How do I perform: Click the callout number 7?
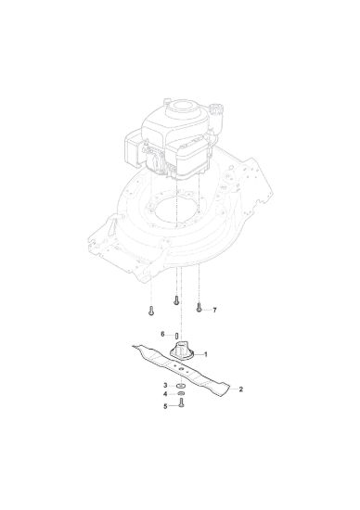(214, 311)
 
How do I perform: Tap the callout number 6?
(163, 335)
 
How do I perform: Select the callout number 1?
(205, 354)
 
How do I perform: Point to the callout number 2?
(240, 389)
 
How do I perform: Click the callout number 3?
(165, 386)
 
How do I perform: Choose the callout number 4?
(165, 394)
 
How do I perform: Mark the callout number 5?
(165, 406)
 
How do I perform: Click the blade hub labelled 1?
(181, 351)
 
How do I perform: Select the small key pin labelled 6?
(176, 336)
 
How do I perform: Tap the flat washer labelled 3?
(181, 386)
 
